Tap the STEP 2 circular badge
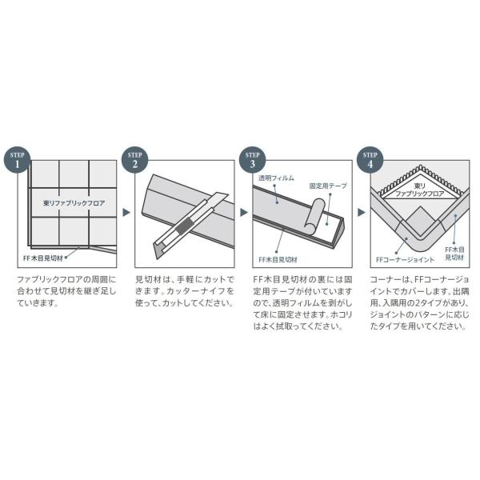coord(134,159)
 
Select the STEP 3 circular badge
coord(252,159)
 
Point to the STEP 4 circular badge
coord(370,159)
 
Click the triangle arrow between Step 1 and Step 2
coord(125,214)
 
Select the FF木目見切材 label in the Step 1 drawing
coord(42,259)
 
